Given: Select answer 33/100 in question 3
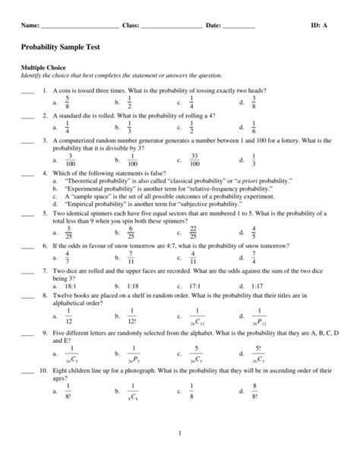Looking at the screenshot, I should pos(194,160).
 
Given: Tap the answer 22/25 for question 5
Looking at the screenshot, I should pos(194,231).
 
